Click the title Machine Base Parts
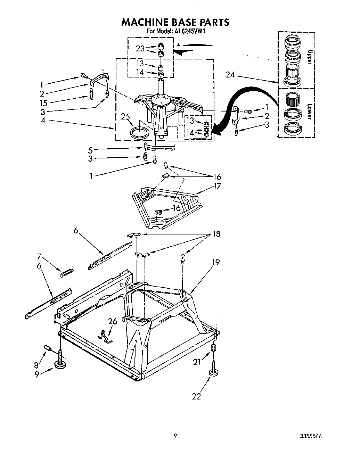[175, 22]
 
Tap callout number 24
[230, 74]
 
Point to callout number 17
[218, 186]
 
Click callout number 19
[216, 262]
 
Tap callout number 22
[197, 396]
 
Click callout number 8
[36, 365]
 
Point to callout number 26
[113, 322]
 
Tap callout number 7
[39, 257]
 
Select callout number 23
[140, 49]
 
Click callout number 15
[43, 103]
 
